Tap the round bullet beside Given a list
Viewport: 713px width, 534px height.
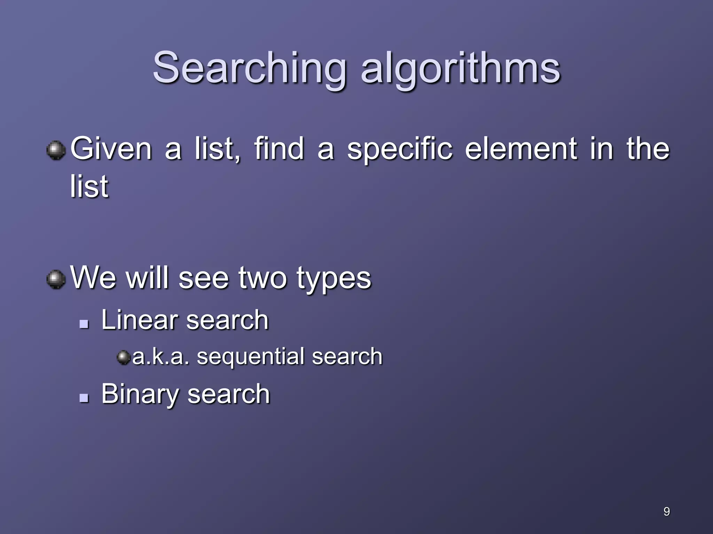[x=56, y=150]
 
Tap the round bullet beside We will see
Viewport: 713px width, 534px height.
[x=56, y=279]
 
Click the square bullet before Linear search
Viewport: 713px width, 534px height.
[x=84, y=324]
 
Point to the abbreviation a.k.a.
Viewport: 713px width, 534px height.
[x=161, y=357]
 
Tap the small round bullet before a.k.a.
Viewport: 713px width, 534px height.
[x=123, y=357]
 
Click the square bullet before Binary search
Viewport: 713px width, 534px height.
[x=84, y=398]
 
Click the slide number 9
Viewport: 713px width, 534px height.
[x=667, y=511]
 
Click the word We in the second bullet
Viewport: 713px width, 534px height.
[x=93, y=278]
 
